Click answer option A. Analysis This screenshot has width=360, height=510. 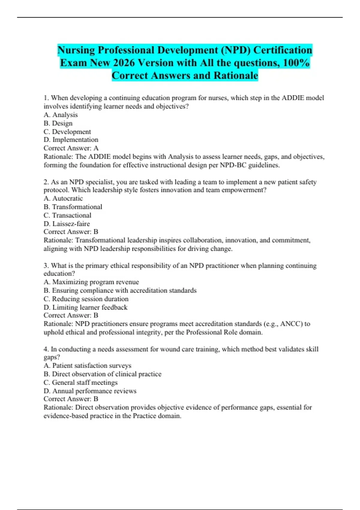click(61, 115)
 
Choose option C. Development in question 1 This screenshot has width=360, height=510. click(67, 132)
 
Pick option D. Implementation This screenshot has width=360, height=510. click(71, 140)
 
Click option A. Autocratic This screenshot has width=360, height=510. click(63, 198)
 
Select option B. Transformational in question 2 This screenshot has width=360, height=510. click(73, 207)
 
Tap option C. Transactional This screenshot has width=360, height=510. click(67, 215)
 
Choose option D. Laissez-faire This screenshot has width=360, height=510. click(67, 223)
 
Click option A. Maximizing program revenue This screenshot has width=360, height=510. click(91, 282)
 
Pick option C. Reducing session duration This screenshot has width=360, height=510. click(86, 299)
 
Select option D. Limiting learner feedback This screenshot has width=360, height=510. click(85, 307)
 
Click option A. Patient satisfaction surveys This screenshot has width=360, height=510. click(87, 365)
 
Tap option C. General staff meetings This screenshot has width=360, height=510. click(80, 382)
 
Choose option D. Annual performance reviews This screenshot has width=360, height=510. click(90, 391)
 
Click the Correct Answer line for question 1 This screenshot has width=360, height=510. click(71, 148)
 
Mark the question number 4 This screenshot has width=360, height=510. click(46, 349)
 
